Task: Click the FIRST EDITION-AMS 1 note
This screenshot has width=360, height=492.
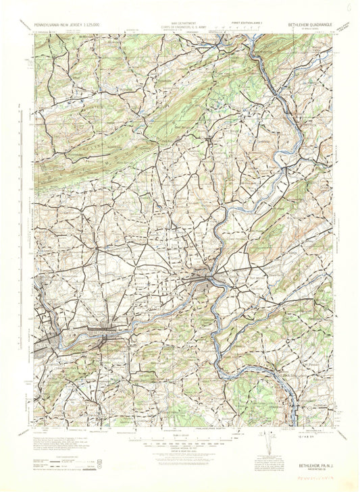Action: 246,22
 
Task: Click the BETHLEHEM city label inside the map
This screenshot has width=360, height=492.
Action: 101,332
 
